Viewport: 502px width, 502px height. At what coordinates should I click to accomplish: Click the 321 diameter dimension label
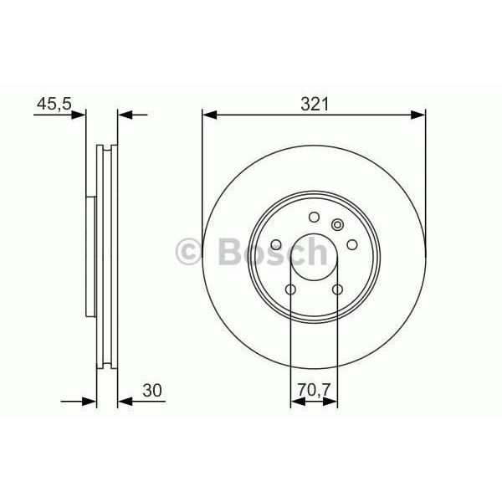pos(315,104)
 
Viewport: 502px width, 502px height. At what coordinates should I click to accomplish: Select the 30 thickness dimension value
pos(151,390)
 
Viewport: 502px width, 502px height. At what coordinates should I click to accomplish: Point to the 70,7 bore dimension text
pos(314,390)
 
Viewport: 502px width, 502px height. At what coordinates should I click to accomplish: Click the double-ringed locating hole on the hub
pos(338,223)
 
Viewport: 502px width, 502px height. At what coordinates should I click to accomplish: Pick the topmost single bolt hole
pos(314,218)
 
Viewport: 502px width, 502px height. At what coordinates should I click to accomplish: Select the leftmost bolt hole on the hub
pos(276,244)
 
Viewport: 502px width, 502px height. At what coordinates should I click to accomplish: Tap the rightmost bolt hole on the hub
pos(352,244)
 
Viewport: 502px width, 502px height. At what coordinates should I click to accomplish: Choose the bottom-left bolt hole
pos(290,289)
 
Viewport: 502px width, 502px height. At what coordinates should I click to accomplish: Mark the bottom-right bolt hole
pos(338,289)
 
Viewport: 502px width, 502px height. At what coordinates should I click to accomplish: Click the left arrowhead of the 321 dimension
pos(207,115)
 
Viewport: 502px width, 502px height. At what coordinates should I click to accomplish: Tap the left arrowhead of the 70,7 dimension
pos(295,403)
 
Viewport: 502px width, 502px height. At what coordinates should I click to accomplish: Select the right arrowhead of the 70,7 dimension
pos(334,403)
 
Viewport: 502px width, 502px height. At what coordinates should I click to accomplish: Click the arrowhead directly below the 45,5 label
pos(81,115)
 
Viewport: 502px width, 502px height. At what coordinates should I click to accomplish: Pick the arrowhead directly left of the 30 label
pos(123,402)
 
